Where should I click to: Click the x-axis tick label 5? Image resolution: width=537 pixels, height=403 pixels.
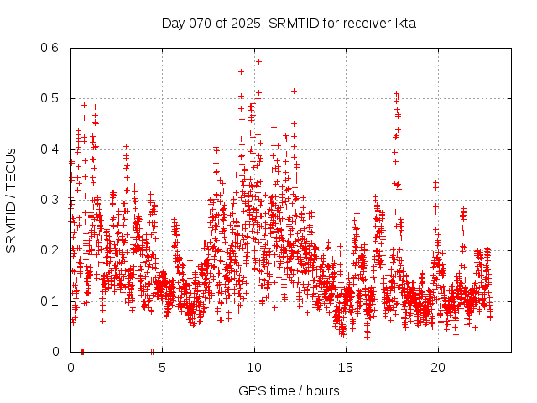[163, 368]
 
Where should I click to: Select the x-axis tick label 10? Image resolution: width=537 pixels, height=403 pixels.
[254, 368]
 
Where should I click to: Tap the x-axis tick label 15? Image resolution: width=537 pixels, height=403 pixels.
[347, 368]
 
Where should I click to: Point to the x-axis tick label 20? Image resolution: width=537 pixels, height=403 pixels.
[438, 368]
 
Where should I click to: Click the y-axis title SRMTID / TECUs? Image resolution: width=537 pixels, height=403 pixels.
[11, 200]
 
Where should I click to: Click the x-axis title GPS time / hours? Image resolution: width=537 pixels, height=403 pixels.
[289, 390]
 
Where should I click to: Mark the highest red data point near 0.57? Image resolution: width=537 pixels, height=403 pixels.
[258, 61]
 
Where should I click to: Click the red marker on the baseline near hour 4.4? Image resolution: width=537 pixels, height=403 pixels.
[152, 351]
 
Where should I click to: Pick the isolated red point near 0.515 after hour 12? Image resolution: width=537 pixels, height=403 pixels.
[294, 91]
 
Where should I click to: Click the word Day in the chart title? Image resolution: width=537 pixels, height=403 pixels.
[174, 23]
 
